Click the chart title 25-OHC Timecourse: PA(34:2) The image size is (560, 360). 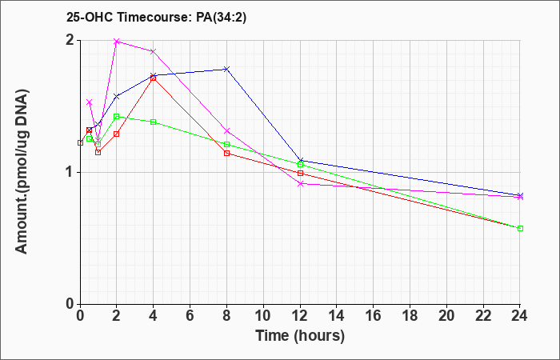156,18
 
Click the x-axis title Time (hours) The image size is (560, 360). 300,336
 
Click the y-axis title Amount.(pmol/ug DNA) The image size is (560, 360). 22,171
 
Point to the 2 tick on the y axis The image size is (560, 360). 70,40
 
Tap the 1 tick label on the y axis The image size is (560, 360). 70,173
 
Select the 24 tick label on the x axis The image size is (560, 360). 520,316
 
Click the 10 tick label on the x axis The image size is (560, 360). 263,316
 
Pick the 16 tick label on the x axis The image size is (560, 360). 374,316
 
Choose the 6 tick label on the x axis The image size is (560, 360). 190,316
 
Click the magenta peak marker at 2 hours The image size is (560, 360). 117,42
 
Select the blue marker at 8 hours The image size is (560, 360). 226,69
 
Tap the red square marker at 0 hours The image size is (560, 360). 80,143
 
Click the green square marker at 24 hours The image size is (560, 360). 520,228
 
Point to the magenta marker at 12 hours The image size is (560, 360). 300,183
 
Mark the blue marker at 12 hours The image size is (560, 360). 300,160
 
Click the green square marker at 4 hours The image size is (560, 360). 154,122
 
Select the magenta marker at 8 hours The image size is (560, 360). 226,131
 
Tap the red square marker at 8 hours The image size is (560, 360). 226,154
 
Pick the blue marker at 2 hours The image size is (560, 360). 117,97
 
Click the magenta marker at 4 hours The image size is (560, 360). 154,51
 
